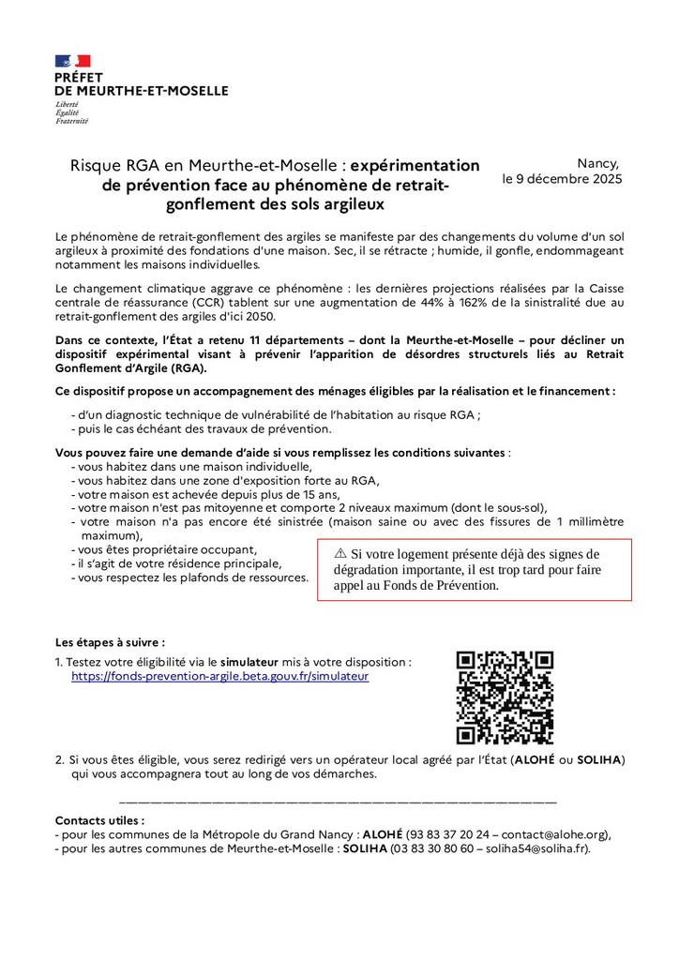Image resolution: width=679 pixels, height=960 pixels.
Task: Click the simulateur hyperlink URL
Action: (219, 675)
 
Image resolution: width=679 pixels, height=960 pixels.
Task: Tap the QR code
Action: (505, 697)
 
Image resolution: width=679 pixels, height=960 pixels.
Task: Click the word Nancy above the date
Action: (598, 162)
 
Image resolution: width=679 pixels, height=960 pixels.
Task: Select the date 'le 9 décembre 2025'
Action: (562, 178)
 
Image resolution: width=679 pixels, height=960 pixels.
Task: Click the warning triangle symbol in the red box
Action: (340, 554)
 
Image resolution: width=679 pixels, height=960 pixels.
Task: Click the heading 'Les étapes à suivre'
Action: (110, 643)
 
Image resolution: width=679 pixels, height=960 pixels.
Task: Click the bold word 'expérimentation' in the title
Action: (415, 165)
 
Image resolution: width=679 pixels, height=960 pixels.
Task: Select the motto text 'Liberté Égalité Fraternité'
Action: (71, 112)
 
